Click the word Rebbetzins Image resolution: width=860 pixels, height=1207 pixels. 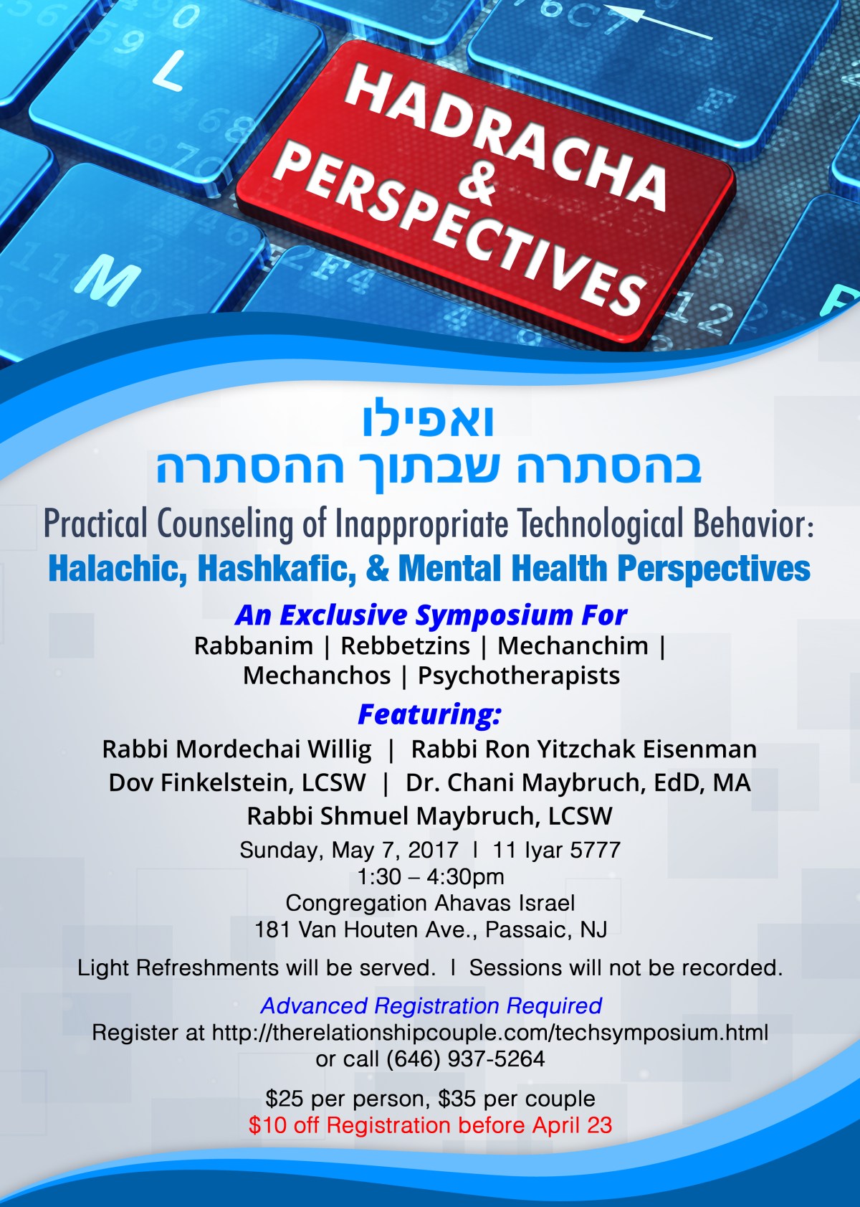pos(405,645)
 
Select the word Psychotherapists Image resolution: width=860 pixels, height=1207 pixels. pos(519,676)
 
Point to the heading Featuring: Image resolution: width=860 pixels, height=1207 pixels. pos(430,714)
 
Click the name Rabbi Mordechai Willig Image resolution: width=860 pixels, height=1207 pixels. pos(237,749)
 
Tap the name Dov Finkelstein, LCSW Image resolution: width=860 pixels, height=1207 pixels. pos(237,783)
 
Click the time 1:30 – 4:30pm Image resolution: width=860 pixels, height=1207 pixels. pos(431,876)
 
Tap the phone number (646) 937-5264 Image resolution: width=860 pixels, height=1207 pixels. pos(466,1059)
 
